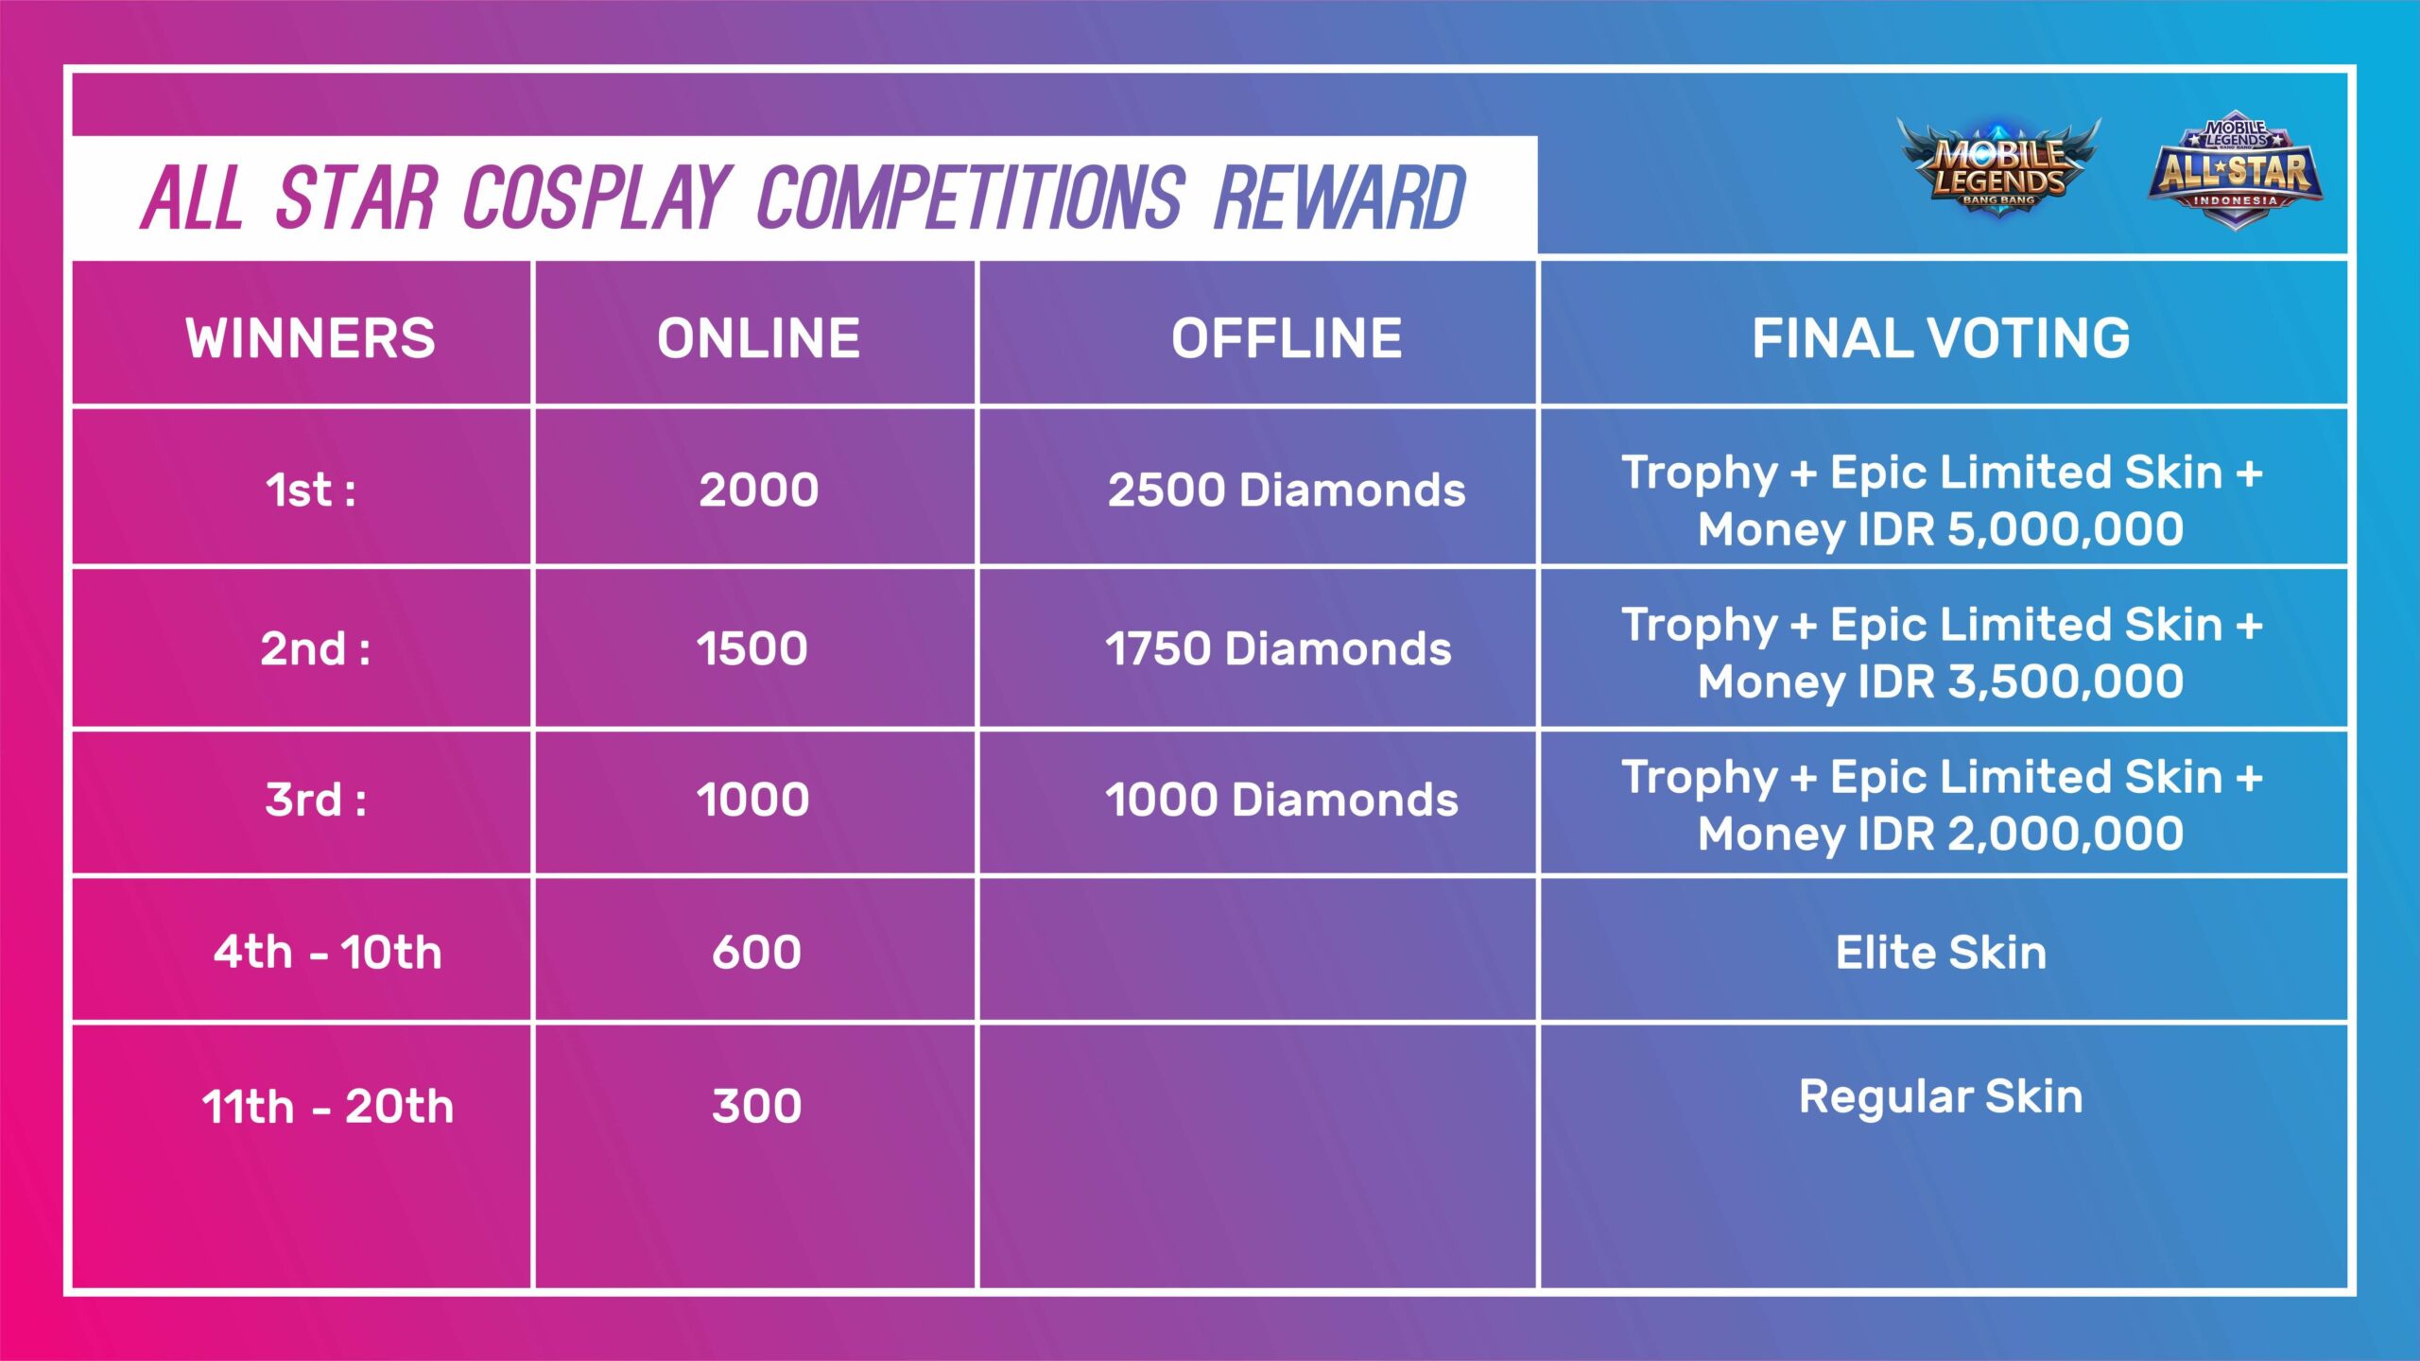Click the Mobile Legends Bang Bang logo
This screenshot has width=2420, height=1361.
tap(1998, 168)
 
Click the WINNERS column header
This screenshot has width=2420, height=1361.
tap(310, 337)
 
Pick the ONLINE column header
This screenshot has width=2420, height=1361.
tap(758, 337)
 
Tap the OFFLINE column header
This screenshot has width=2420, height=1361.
tap(1287, 337)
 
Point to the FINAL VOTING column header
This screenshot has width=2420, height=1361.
tap(1942, 337)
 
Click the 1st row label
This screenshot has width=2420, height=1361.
tap(311, 490)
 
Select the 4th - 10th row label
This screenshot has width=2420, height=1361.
tap(327, 952)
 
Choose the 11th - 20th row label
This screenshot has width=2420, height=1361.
tap(327, 1106)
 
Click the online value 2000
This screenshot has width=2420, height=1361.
tap(758, 490)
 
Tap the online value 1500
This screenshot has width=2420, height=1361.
tap(752, 648)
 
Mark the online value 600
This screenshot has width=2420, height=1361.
tap(756, 952)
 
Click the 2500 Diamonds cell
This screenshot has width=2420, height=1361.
tap(1287, 490)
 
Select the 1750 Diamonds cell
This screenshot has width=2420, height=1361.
tap(1278, 648)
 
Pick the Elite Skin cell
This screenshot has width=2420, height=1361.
tap(1942, 952)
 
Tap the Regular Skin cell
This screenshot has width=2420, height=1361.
tap(1942, 1097)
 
